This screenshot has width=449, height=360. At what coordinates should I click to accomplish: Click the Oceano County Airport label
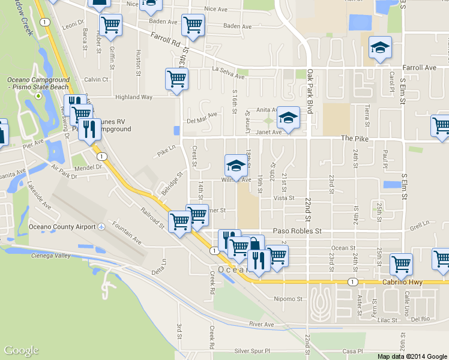click(x=63, y=227)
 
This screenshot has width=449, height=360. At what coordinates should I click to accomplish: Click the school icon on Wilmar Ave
click(x=236, y=165)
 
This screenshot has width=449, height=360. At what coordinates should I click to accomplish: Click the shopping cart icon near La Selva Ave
click(x=176, y=79)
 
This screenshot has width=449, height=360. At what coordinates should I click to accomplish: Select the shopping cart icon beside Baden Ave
click(x=193, y=25)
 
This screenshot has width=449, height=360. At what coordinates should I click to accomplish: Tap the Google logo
click(x=21, y=351)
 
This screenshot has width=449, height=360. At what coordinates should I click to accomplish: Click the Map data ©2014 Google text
click(x=412, y=356)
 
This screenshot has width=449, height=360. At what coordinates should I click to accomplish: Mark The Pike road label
click(x=353, y=138)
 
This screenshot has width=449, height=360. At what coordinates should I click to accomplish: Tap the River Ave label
click(x=261, y=325)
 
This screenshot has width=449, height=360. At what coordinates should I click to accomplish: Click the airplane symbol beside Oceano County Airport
click(x=101, y=227)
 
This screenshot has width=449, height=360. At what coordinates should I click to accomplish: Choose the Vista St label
click(x=283, y=198)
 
